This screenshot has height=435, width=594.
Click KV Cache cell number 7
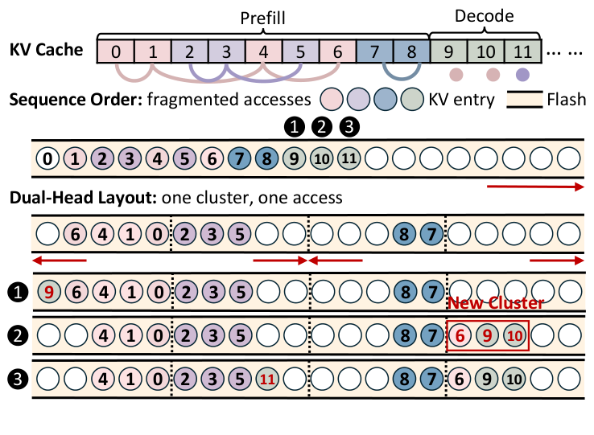[x=375, y=51]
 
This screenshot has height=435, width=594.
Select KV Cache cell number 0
[x=116, y=51]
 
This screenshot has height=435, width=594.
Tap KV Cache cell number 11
[x=523, y=51]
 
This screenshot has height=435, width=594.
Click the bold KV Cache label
[x=46, y=50]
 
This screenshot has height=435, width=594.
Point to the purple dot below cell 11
[x=523, y=75]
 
